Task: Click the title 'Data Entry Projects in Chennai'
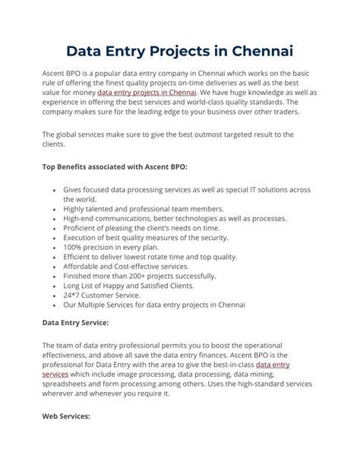click(x=180, y=51)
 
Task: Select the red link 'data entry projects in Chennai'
click(x=147, y=93)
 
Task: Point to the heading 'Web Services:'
click(x=66, y=417)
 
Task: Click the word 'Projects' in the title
click(x=168, y=51)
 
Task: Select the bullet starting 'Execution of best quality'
click(x=147, y=236)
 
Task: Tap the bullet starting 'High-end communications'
click(x=175, y=217)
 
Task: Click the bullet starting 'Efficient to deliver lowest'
click(x=150, y=256)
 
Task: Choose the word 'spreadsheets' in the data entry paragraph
click(x=68, y=384)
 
